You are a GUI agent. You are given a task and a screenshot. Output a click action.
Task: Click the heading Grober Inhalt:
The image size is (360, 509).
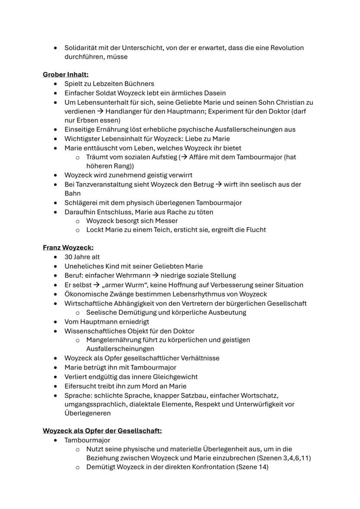[x=66, y=74]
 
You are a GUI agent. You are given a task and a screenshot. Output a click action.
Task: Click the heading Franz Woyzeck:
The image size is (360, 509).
[x=68, y=248]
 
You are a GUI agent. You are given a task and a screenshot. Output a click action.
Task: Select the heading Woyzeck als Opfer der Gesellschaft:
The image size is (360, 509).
[x=102, y=431]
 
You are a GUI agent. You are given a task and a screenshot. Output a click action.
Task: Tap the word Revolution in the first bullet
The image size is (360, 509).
[x=287, y=48]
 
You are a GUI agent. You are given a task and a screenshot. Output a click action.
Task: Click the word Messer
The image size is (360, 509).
[x=167, y=221]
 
